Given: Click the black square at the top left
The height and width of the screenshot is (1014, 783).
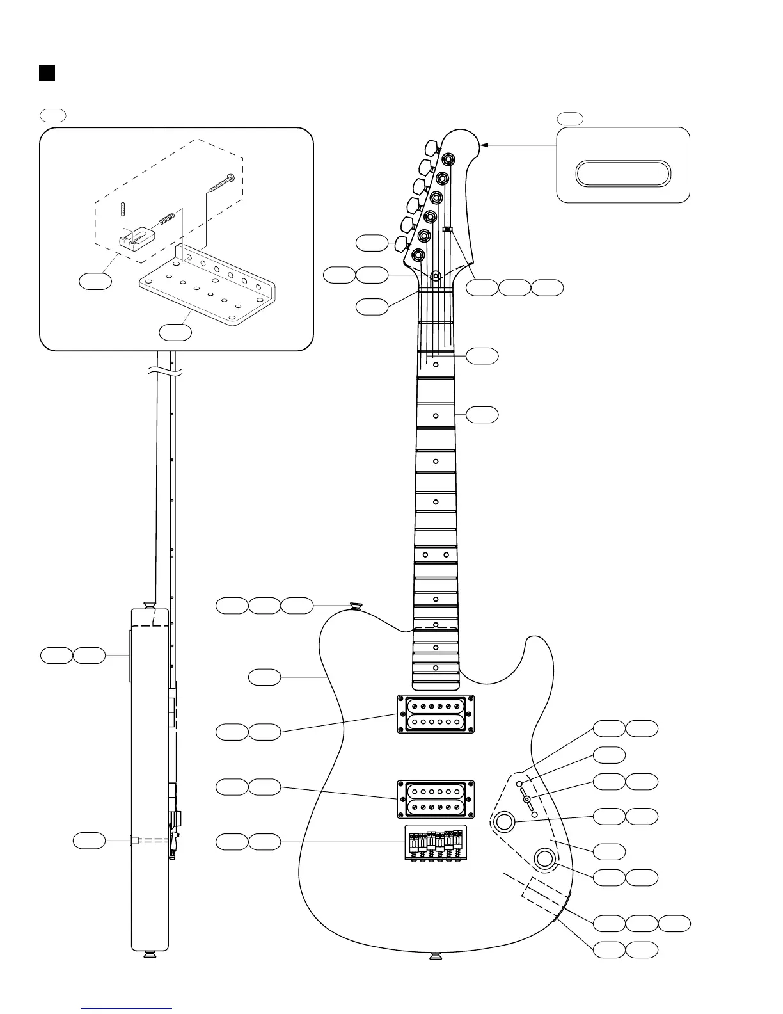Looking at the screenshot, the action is tap(47, 72).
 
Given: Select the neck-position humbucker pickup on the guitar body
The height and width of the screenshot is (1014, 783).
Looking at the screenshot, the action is tap(436, 714).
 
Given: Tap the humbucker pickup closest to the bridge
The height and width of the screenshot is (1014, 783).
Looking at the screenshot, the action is tap(436, 799).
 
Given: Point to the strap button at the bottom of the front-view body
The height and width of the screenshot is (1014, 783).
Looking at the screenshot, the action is tap(436, 956).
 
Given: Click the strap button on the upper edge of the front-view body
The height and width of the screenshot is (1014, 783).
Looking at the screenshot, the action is tap(356, 606).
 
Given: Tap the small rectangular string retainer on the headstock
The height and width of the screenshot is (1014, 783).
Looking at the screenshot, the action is tap(448, 229).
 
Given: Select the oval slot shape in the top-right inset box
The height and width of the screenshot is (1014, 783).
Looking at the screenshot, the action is tap(623, 174).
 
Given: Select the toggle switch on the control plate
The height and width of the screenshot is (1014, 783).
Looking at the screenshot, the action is tap(526, 799).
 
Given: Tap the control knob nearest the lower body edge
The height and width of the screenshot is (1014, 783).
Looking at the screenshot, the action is tap(545, 858).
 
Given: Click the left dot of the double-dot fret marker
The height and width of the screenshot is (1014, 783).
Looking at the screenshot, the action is tap(425, 554).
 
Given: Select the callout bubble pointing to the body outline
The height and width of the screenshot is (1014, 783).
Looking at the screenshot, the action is tap(264, 677).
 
